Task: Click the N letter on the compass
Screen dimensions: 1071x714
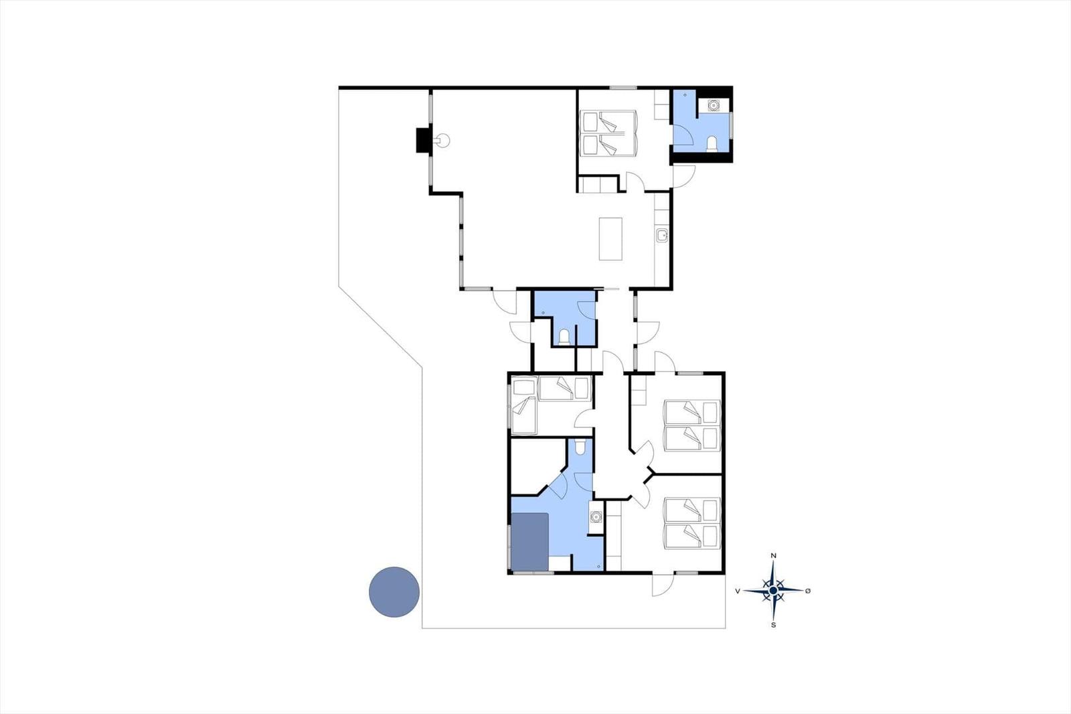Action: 774,556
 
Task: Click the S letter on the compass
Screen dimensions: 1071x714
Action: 774,625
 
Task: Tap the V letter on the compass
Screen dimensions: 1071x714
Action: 738,591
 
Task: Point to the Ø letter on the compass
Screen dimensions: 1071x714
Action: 808,591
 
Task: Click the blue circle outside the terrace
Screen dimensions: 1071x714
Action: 394,592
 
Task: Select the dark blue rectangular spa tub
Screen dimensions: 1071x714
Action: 529,542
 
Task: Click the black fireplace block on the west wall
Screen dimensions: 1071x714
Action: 422,140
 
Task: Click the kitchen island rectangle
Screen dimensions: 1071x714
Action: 610,239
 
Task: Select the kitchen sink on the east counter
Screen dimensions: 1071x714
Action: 662,236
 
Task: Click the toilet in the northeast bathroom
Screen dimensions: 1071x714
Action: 712,143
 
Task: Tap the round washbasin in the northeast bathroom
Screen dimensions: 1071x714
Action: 714,105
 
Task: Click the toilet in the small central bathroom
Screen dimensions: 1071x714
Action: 564,336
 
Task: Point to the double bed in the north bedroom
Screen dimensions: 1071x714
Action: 608,133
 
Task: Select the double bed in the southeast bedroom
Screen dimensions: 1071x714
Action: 692,523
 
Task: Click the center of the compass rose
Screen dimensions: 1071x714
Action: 773,591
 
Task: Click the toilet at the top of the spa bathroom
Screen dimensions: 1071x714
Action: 580,447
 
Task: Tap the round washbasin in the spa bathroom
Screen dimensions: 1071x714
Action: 596,516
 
